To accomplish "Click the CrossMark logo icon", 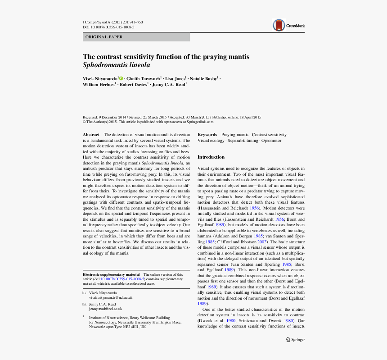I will click(279, 25).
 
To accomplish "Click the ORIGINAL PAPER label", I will click(104, 37).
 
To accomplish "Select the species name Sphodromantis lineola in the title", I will click(116, 65).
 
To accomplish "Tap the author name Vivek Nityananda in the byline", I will click(100, 78).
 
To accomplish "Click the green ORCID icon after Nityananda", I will click(121, 78).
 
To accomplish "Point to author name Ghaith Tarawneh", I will click(143, 78).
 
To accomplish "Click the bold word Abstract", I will click(91, 135).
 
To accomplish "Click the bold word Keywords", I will click(207, 135).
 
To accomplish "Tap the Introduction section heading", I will click(211, 157).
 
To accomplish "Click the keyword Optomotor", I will click(271, 141).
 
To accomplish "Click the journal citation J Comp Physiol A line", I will click(112, 22).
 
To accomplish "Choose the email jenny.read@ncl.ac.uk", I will click(105, 309).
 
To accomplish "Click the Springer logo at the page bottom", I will click(295, 340).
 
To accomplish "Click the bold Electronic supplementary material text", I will click(111, 274).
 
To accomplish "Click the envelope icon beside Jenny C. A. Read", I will click(84, 304).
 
